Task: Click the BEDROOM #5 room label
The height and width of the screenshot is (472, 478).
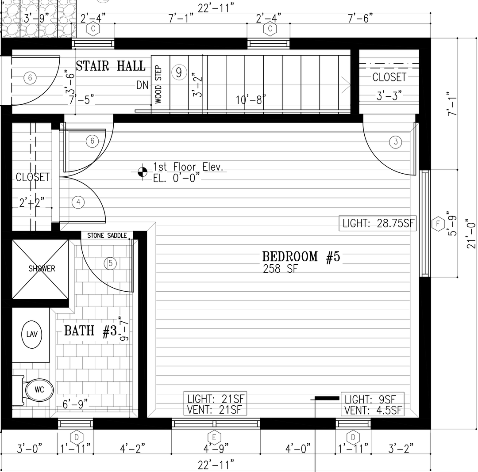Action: pos(301,256)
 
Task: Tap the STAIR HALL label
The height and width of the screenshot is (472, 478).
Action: pos(110,66)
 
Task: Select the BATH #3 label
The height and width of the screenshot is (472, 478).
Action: pos(91,331)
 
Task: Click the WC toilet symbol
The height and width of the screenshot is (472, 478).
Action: pos(39,389)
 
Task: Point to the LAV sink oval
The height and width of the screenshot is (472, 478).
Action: pos(32,335)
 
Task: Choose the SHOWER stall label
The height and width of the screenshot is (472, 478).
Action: pos(42,268)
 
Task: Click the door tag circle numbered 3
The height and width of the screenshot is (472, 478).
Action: pos(396,141)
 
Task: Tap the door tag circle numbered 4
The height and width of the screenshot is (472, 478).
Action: pos(78,202)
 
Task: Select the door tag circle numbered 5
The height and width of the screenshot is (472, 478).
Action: pos(110,263)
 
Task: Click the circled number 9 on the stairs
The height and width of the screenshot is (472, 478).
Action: pos(179,72)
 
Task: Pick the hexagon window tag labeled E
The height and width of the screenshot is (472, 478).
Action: pos(214,438)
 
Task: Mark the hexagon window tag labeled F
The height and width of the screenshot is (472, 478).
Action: pos(438,224)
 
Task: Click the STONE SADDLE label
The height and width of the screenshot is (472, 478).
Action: pos(107,236)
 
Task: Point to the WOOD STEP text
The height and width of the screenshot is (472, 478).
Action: pos(158,84)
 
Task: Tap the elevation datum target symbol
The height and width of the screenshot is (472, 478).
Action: pos(143,172)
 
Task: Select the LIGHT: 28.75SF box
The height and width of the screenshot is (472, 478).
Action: pos(378,223)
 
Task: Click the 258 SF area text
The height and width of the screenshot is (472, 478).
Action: pos(280,269)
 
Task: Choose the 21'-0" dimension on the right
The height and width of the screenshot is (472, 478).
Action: pos(471,233)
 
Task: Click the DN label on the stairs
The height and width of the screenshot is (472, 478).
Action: pos(143,85)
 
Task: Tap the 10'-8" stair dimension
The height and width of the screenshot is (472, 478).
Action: pos(251,99)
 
